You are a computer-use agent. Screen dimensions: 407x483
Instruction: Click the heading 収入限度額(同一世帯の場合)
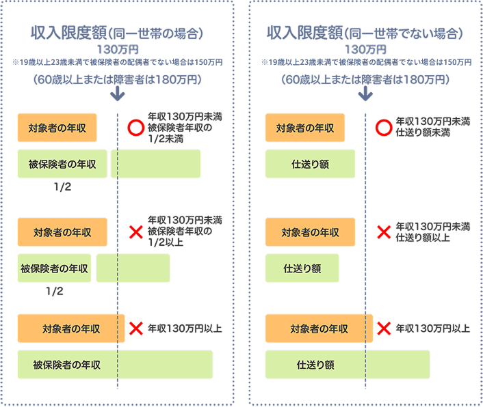(118, 33)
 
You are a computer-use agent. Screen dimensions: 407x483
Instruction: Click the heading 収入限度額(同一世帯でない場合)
(365, 33)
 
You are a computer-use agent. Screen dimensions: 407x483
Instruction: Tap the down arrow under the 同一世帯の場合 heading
(117, 94)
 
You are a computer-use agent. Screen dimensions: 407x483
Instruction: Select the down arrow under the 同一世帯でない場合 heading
(365, 94)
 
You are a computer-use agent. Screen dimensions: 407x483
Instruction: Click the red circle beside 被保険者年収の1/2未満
(135, 127)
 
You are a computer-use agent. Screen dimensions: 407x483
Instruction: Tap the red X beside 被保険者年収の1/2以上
(135, 233)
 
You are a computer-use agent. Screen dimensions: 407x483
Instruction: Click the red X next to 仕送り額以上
(384, 232)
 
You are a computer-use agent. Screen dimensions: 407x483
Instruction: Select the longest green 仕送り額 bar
(348, 365)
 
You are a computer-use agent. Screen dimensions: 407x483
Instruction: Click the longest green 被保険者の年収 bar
(115, 365)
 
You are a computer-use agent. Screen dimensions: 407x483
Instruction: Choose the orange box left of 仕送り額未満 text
(305, 128)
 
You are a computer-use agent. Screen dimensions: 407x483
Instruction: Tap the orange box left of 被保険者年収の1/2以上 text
(62, 232)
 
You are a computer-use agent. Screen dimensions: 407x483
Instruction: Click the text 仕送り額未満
(422, 133)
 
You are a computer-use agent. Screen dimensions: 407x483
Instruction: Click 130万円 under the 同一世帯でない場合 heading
(365, 50)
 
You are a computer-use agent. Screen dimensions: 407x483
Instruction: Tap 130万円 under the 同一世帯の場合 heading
(118, 50)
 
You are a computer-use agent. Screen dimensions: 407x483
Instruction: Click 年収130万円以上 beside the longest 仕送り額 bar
(432, 328)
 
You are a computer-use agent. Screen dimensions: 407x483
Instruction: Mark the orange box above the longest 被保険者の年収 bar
(71, 328)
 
